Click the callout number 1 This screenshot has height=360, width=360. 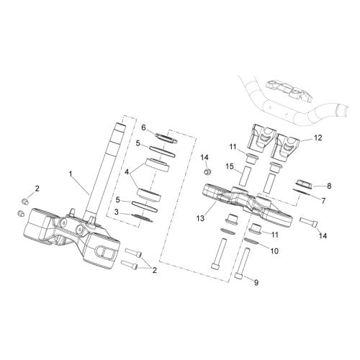click(71, 174)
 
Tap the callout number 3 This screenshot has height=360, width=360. click(117, 212)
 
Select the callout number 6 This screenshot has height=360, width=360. click(143, 127)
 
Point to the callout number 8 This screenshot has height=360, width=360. click(329, 186)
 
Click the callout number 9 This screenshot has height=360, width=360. click(256, 283)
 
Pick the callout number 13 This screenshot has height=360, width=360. click(200, 218)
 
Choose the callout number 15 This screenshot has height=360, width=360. click(230, 166)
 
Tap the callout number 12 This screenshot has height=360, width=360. click(318, 138)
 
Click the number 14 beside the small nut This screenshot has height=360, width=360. click(204, 158)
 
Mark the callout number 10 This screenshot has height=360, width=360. click(274, 251)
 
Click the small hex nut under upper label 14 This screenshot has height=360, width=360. click(207, 172)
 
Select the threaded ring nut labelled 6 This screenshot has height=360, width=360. click(166, 138)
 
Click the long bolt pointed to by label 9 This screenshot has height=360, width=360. click(242, 262)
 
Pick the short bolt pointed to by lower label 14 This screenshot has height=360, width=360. click(309, 221)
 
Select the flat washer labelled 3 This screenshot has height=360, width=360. click(143, 217)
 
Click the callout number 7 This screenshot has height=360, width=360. click(323, 201)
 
